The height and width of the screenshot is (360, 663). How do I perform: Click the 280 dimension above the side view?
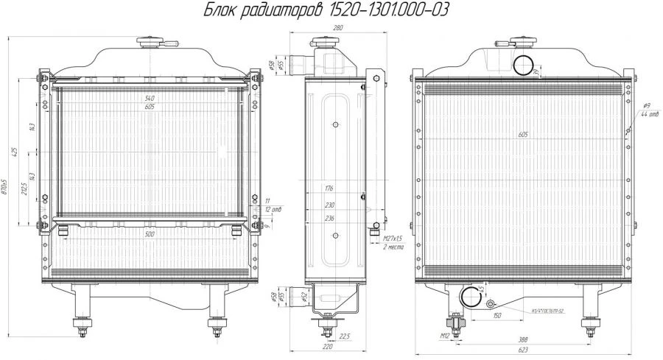(339, 27)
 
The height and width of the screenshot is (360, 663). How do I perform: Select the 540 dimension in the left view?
(150, 98)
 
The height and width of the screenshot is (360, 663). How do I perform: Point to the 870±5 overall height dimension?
(5, 188)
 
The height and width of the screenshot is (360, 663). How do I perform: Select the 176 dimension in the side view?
(329, 189)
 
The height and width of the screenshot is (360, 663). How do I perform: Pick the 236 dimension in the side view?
(329, 219)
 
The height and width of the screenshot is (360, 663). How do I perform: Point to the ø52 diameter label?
(304, 296)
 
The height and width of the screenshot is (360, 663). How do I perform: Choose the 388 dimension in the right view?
(522, 339)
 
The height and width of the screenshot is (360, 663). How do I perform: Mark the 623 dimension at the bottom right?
(522, 351)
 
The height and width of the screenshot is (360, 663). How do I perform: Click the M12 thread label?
(445, 336)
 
